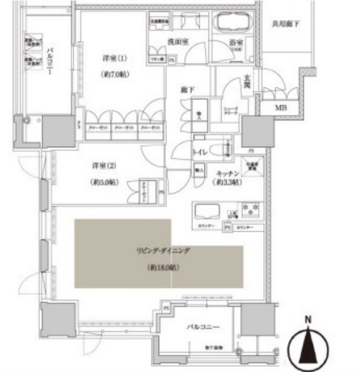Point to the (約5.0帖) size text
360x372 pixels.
[x=103, y=182]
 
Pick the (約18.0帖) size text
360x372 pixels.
[x=162, y=268]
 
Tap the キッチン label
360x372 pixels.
[x=228, y=173]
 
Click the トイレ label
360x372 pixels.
[x=199, y=152]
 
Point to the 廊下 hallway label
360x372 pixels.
[x=188, y=90]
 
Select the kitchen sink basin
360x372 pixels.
[x=207, y=212]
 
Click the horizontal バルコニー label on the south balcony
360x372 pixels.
[x=203, y=327]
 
